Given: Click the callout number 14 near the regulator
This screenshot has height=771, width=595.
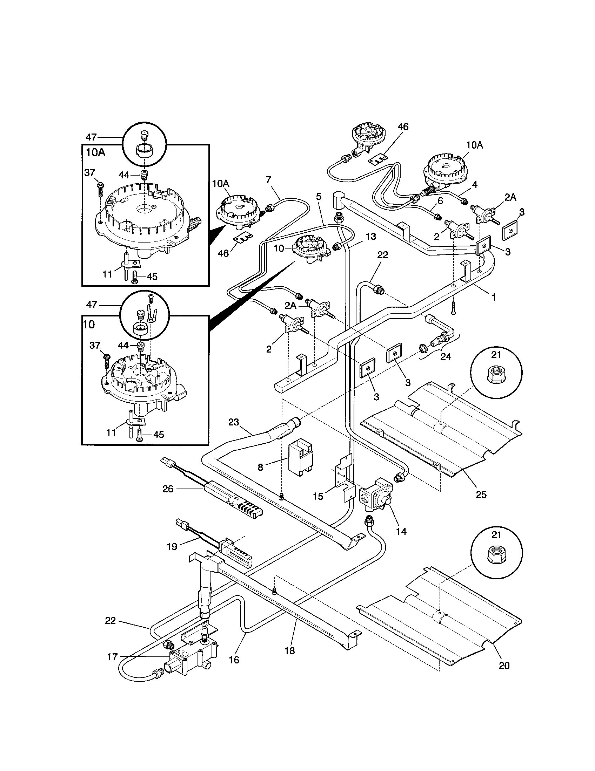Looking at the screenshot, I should [401, 531].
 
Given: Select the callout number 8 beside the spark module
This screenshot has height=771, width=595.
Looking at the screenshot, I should [260, 468].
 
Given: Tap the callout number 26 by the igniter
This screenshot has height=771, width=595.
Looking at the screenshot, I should [168, 489].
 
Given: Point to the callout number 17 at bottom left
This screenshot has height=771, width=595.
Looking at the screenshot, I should [112, 657].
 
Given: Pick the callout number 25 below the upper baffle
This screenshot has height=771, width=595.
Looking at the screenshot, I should [481, 494].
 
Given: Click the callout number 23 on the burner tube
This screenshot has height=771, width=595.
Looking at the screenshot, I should [234, 422].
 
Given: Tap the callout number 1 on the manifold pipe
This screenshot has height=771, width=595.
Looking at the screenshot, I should [494, 297].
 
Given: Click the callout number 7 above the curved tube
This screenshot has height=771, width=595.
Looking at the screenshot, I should [268, 180].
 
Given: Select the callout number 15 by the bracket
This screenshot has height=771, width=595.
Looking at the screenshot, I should [318, 496].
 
